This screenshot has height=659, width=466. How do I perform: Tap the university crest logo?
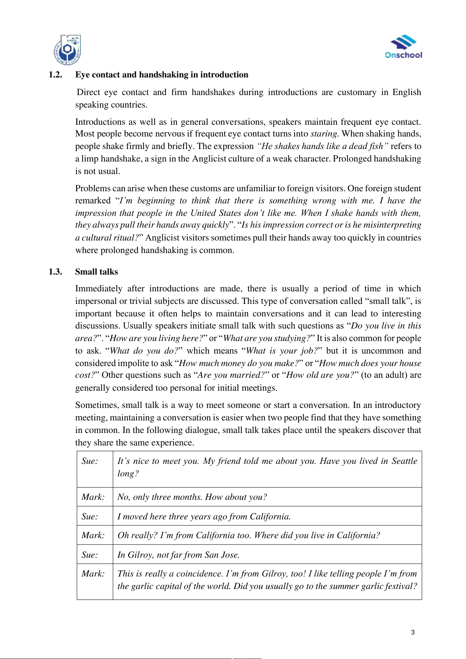point(67,50)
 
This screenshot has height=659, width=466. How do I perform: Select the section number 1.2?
point(55,75)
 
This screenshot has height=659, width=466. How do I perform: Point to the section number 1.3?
point(55,272)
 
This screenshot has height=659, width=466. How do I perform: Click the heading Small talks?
point(96,272)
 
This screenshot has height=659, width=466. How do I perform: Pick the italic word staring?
point(324,134)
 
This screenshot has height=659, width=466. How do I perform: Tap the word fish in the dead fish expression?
point(376,146)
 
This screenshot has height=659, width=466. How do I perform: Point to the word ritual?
point(123,238)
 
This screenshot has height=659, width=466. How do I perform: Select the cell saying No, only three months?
point(192,497)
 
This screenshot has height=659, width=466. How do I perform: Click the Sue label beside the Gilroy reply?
point(90,555)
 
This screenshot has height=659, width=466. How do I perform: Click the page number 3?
point(413,632)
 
